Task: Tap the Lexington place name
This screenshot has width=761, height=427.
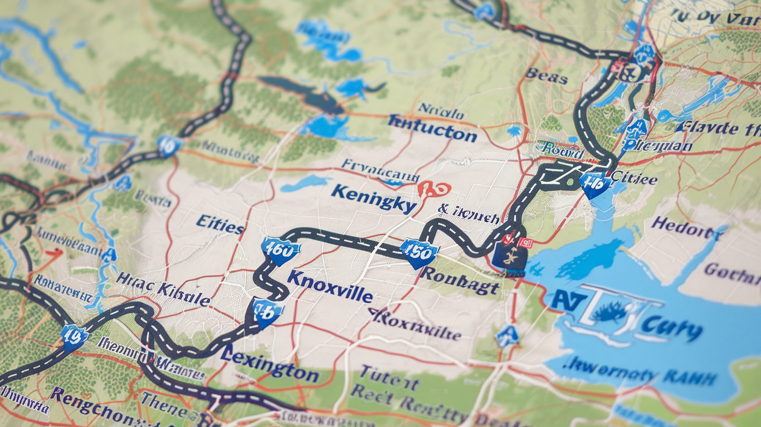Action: point(270,364)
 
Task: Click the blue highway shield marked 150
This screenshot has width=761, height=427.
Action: point(419,252)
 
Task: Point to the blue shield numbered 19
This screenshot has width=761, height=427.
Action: point(74,336)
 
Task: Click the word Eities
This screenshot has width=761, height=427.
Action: point(220,223)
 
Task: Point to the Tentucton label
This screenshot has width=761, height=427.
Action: point(432,128)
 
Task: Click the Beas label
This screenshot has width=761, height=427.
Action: point(546,75)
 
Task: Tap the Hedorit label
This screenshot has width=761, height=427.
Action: point(688,227)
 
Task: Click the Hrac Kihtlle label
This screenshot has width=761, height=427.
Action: point(163,288)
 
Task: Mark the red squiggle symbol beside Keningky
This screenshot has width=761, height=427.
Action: point(433,189)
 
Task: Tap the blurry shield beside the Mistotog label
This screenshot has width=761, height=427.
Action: point(169,144)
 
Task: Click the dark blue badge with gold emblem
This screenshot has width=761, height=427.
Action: point(509,257)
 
